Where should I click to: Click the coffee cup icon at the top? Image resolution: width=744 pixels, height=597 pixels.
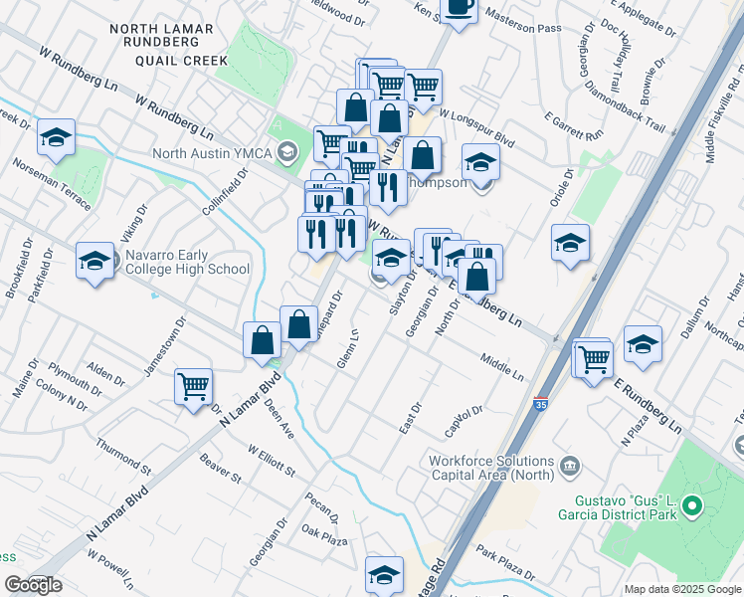click(458, 8)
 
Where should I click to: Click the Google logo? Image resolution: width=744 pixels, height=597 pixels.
click(33, 585)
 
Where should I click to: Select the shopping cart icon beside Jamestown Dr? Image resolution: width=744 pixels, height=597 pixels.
click(193, 385)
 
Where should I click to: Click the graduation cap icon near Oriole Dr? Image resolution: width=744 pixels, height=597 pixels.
click(571, 242)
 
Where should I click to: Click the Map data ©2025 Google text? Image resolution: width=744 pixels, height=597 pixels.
click(681, 589)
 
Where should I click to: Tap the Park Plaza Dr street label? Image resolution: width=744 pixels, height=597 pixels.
click(504, 563)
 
